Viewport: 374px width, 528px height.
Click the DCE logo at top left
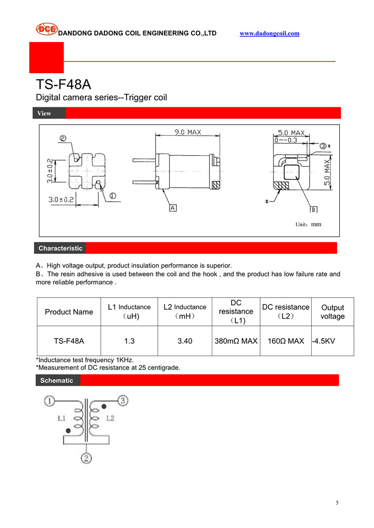[x=46, y=29]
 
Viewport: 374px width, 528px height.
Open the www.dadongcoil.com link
[x=269, y=33]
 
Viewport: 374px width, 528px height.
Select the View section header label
[x=45, y=113]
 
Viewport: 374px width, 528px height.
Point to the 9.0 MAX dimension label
[x=188, y=133]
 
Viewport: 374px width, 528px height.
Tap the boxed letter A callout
[x=172, y=208]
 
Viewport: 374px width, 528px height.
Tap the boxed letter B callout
[x=313, y=210]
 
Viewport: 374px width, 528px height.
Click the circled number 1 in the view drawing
[x=113, y=196]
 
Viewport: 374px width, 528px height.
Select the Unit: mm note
[x=308, y=225]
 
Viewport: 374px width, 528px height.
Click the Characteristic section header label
[x=60, y=248]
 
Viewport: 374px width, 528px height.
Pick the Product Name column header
[x=68, y=312]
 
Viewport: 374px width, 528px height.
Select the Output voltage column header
[x=332, y=312]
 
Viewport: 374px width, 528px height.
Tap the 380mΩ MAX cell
[x=236, y=341]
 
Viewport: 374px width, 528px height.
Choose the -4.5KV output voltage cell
[x=323, y=341]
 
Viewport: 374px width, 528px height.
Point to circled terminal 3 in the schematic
[x=122, y=401]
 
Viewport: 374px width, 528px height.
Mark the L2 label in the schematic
[x=110, y=419]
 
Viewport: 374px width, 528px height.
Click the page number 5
[x=337, y=503]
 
